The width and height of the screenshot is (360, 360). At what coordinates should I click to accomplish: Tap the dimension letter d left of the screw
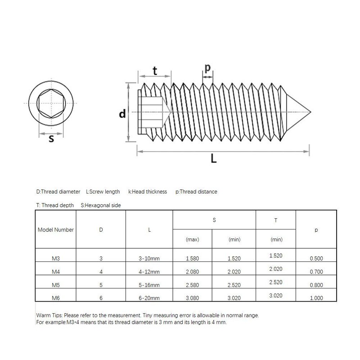tap(121, 114)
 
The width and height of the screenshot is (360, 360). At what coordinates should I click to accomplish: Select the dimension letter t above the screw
tap(155, 71)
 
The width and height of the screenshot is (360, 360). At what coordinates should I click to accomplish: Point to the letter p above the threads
tap(207, 67)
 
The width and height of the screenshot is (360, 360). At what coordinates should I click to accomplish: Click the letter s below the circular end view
tap(51, 139)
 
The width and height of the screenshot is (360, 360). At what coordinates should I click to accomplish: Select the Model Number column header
tap(55, 229)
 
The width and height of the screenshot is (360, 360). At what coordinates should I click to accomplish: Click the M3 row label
tap(55, 259)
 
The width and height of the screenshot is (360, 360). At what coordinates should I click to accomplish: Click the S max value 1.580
tap(192, 259)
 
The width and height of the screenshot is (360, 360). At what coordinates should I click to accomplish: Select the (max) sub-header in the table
tap(192, 240)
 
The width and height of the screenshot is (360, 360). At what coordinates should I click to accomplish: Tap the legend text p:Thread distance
tap(196, 192)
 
